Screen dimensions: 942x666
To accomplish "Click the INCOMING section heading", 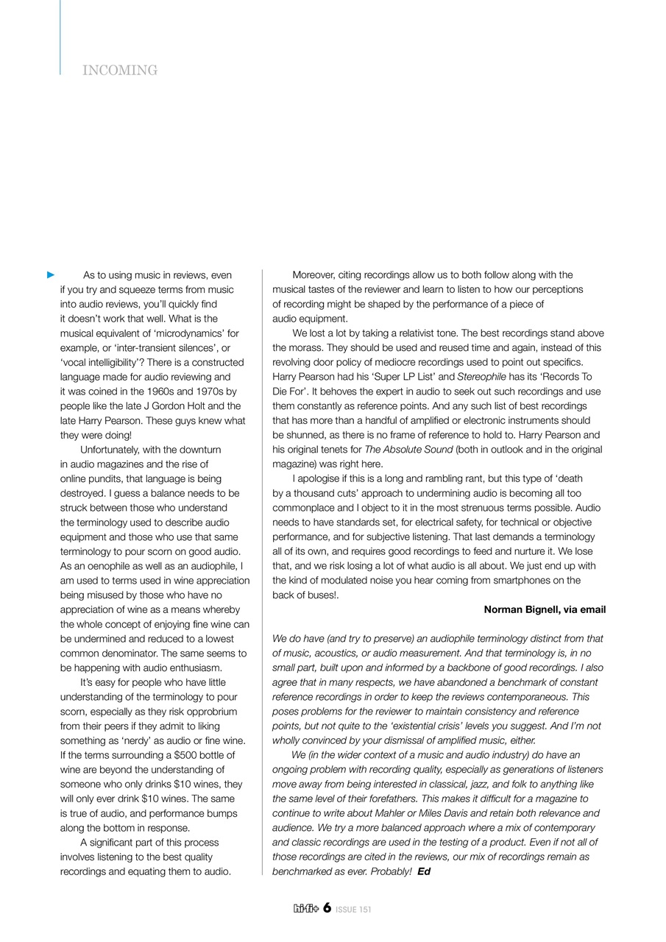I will (120, 71).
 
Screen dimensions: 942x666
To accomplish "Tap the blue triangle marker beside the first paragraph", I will (51, 275).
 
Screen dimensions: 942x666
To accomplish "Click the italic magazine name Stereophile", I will (481, 377).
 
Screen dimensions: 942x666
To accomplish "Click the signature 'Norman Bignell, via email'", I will (545, 610).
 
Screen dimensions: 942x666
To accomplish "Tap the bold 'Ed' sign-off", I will (424, 871).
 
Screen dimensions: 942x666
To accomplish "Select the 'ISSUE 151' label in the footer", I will (353, 910).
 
